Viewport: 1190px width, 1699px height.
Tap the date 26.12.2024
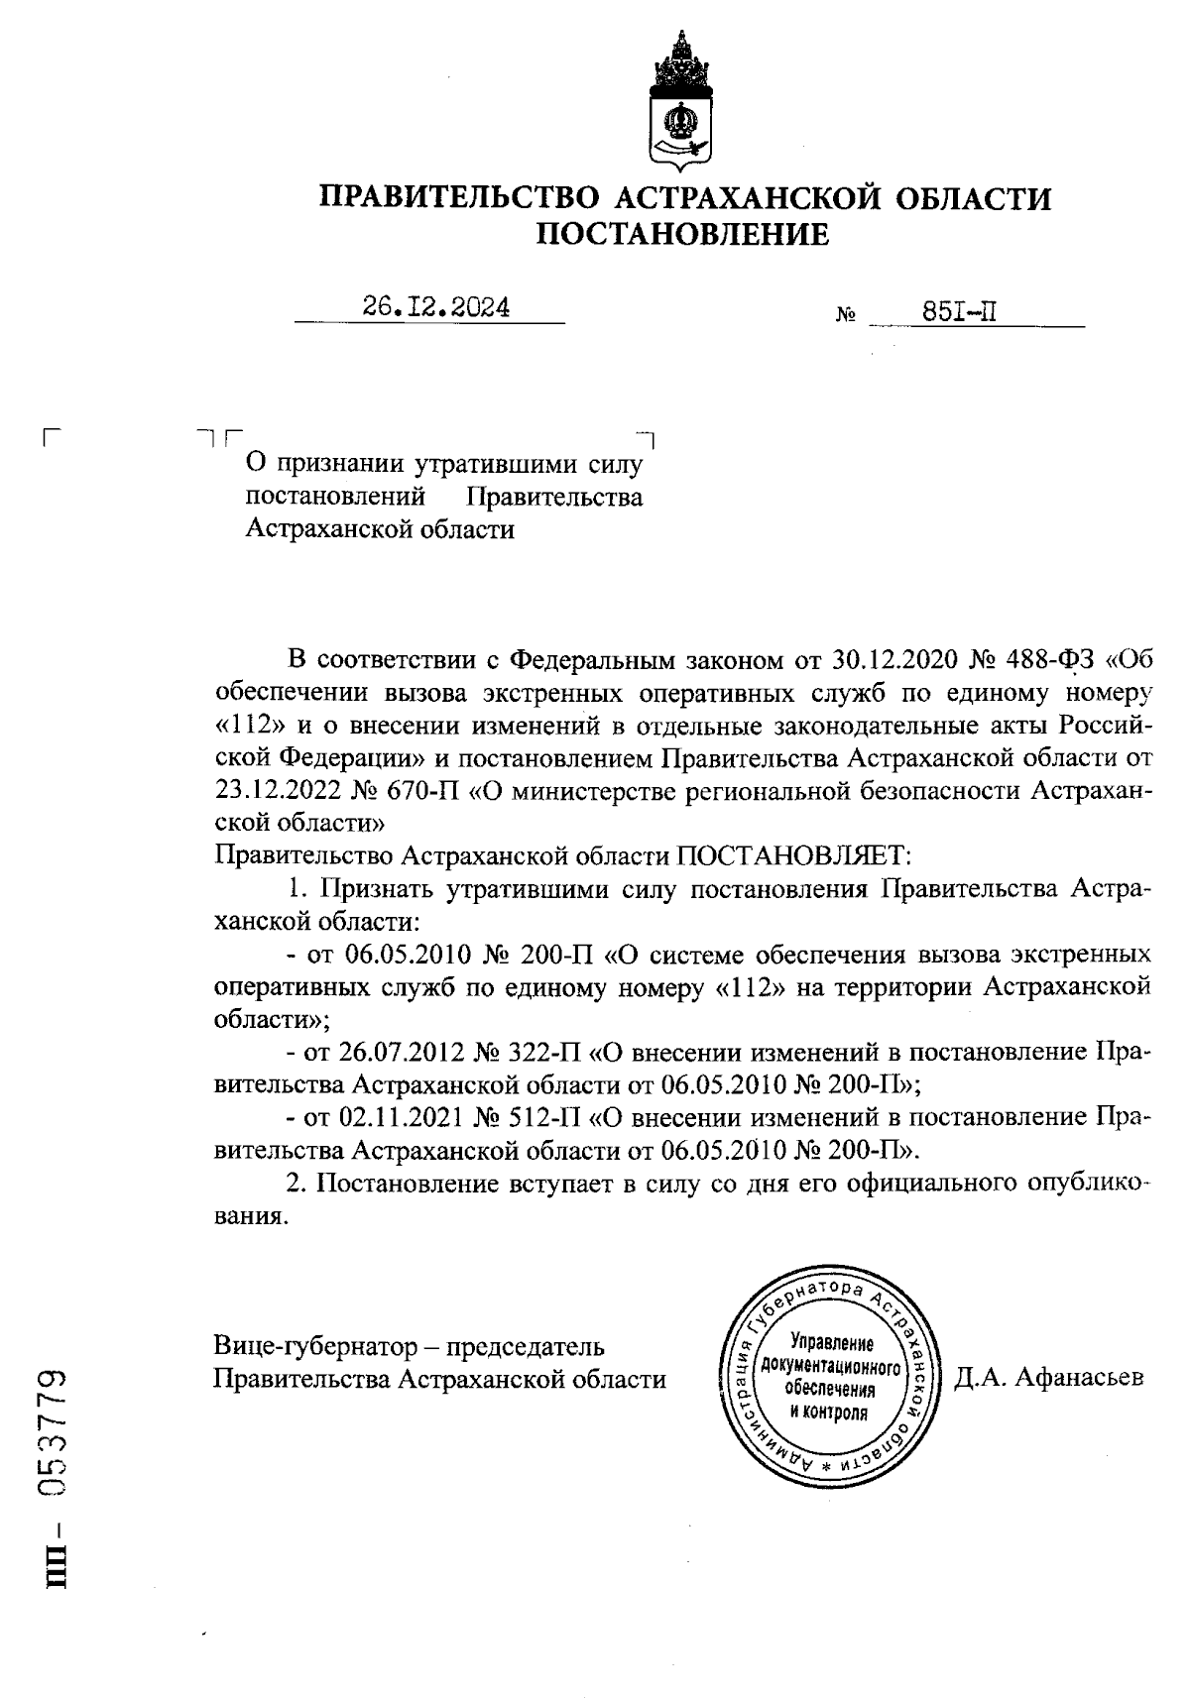click(x=436, y=307)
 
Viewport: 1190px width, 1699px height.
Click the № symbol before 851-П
click(x=846, y=316)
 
